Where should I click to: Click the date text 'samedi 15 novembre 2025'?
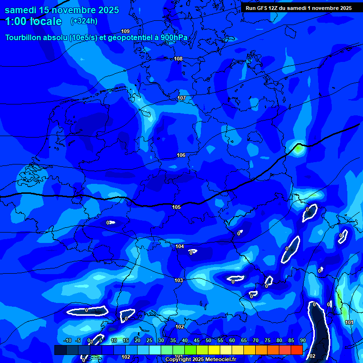tap(62, 10)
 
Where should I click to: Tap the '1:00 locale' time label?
tap(34, 21)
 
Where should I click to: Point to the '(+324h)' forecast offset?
tap(84, 21)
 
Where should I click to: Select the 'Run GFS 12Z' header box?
tap(298, 8)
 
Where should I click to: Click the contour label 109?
tap(125, 31)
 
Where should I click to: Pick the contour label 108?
tap(178, 59)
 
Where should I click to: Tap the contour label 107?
tap(181, 98)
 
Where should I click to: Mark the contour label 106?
tap(181, 155)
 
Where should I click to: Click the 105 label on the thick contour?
tap(176, 207)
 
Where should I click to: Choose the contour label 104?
tap(180, 246)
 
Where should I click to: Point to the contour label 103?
tap(179, 280)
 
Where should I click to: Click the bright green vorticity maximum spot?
tap(299, 148)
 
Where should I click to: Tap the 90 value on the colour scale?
tap(303, 341)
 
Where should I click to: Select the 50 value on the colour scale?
tap(208, 341)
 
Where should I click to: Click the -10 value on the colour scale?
tap(68, 341)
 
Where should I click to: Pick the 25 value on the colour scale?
tap(149, 341)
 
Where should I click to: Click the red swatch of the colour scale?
tap(297, 350)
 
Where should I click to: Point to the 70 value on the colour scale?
tap(256, 341)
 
